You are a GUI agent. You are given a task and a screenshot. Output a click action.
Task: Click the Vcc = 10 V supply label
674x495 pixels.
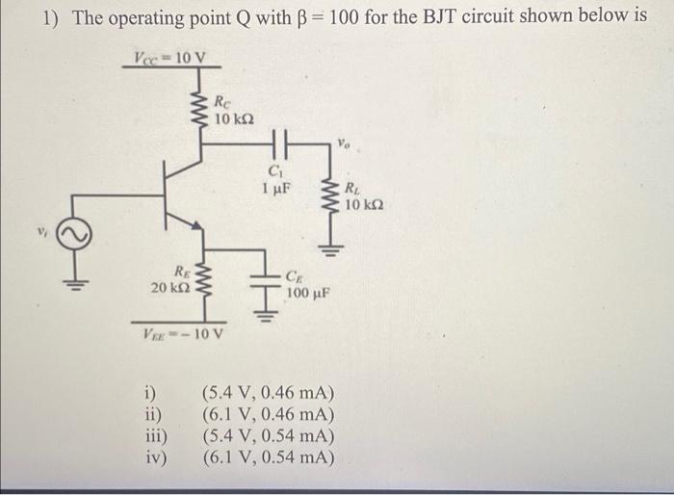(x=169, y=58)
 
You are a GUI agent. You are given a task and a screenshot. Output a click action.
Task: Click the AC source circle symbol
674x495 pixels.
(x=79, y=234)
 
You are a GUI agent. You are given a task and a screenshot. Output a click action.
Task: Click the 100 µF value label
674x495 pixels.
(x=310, y=289)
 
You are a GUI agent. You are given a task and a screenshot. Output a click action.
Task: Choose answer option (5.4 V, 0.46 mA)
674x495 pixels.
(x=267, y=396)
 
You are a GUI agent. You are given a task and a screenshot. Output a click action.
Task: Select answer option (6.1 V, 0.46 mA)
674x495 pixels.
(x=267, y=415)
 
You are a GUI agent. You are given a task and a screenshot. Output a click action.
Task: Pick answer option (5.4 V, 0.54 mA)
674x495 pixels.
(x=267, y=434)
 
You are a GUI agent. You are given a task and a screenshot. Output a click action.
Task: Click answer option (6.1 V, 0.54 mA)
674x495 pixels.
(x=267, y=455)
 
